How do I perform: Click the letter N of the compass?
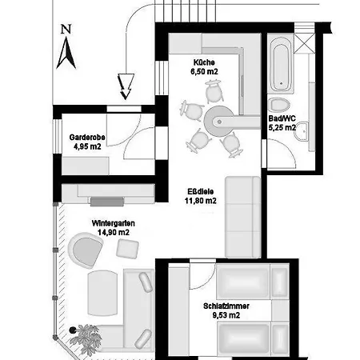point(66,30)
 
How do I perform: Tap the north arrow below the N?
point(66,53)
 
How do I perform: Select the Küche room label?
point(204,62)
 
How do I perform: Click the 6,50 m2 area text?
point(204,71)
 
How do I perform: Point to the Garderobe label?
point(87,138)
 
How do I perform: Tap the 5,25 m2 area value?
point(282,128)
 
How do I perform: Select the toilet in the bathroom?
point(279,105)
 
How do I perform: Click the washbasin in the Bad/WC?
point(302,131)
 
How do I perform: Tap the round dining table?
point(219,122)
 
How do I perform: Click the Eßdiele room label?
point(200,191)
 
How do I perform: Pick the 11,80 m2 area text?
point(201,201)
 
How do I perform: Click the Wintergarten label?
point(114,223)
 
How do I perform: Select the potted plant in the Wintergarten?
point(85,339)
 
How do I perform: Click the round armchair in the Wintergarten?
point(86,250)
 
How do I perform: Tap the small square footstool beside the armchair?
point(127,249)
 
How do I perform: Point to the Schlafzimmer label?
point(226,306)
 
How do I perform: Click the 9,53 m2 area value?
point(226,315)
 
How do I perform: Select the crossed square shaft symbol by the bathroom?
point(305,42)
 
